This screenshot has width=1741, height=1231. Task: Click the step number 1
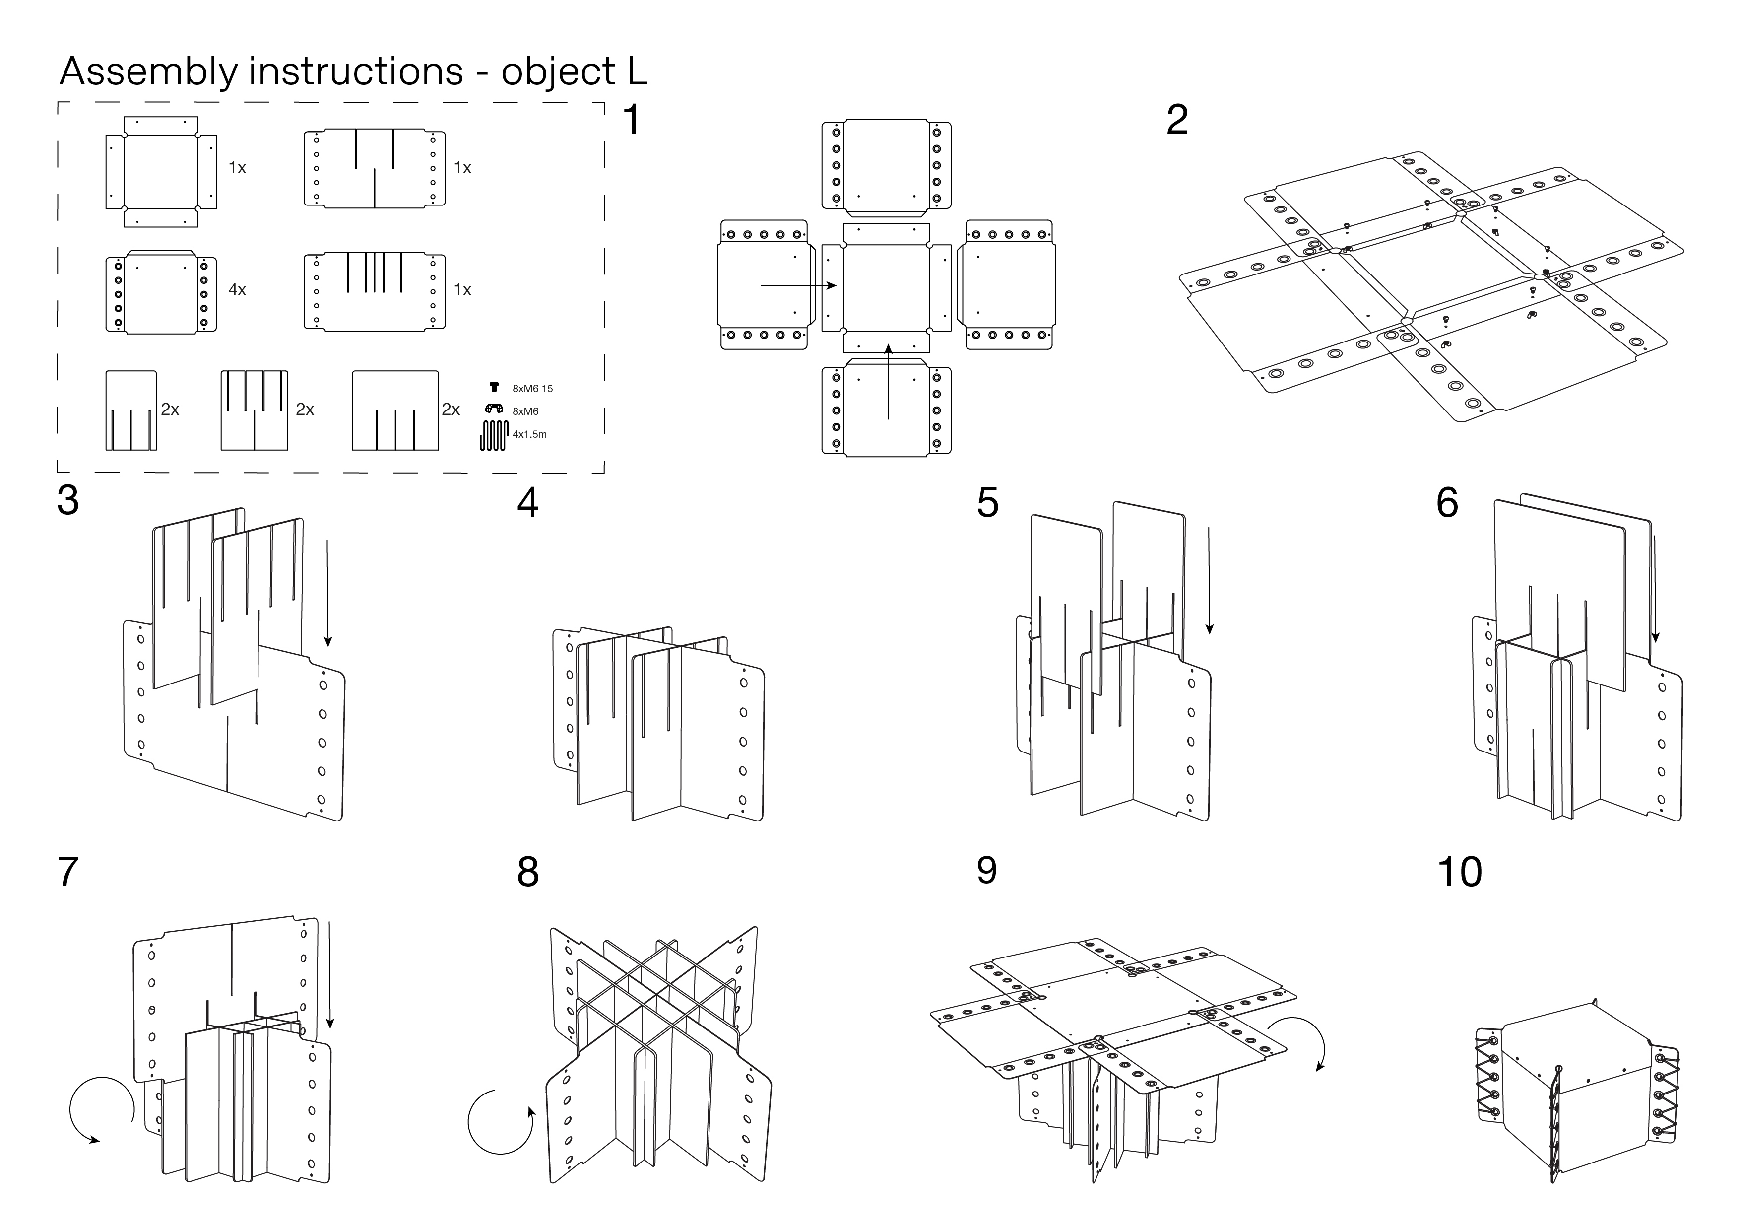tap(631, 121)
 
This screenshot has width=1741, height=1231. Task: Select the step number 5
tap(987, 503)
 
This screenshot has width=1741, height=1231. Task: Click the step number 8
tap(528, 872)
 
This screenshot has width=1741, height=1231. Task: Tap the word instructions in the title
tap(356, 71)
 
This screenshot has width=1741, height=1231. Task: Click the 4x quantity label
tap(237, 290)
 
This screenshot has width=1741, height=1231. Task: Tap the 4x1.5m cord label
tap(529, 435)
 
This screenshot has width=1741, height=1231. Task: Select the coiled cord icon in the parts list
tap(493, 435)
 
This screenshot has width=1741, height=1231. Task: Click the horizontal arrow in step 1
tap(798, 286)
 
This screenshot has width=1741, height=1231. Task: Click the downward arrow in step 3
tap(327, 592)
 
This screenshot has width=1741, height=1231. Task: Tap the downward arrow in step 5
tap(1209, 580)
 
